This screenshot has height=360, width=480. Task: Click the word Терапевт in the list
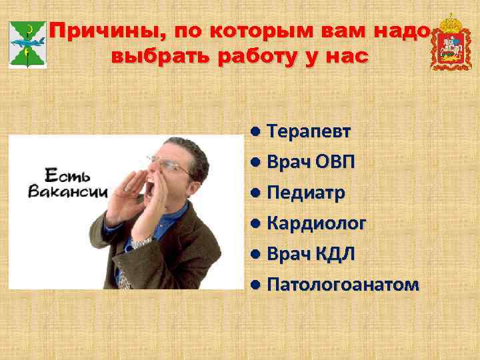(x=308, y=131)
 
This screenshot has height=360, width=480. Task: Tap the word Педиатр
(x=306, y=193)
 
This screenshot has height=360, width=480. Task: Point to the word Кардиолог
(x=316, y=224)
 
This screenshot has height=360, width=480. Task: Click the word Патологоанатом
(x=343, y=285)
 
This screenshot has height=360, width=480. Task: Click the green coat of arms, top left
(x=27, y=44)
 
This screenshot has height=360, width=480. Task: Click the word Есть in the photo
(x=59, y=176)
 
